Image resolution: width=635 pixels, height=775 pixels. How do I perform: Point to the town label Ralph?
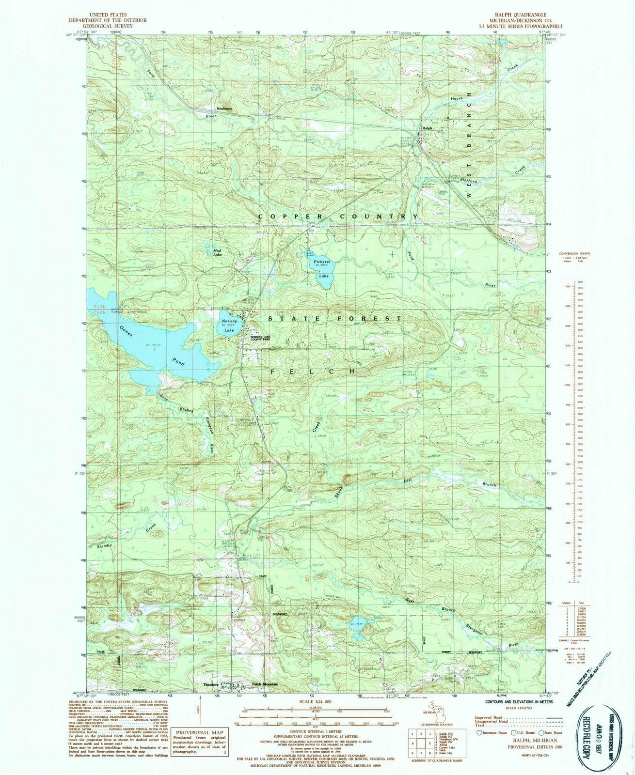[427, 128]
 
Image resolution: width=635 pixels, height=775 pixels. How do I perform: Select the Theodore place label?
[207, 684]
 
